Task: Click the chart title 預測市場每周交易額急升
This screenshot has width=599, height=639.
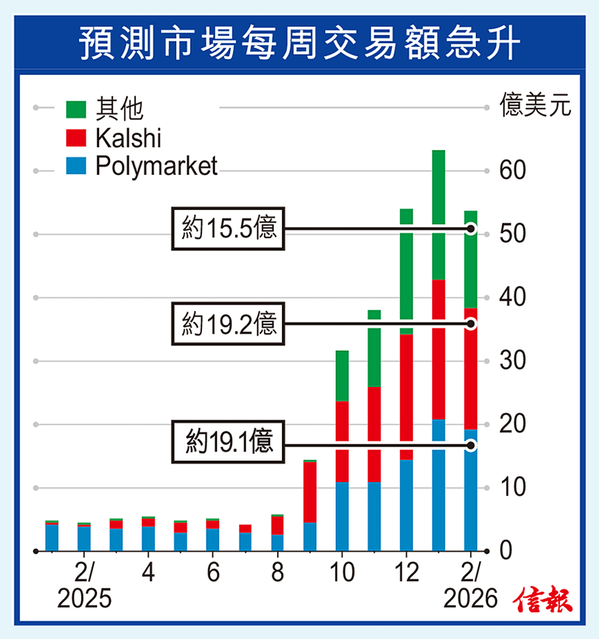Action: pyautogui.click(x=299, y=43)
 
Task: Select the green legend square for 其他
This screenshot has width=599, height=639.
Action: pyautogui.click(x=76, y=109)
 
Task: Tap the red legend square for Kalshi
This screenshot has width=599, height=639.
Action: pyautogui.click(x=76, y=138)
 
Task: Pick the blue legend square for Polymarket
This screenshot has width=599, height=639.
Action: pyautogui.click(x=76, y=167)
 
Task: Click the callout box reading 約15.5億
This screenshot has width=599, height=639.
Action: pyautogui.click(x=228, y=229)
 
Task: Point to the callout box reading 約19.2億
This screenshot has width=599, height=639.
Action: pyautogui.click(x=229, y=324)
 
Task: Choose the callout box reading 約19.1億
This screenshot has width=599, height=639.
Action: pyautogui.click(x=229, y=442)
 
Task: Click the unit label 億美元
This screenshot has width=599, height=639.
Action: pyautogui.click(x=535, y=107)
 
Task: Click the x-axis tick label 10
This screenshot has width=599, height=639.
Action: pyautogui.click(x=342, y=574)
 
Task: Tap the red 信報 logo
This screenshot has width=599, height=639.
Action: pyautogui.click(x=543, y=600)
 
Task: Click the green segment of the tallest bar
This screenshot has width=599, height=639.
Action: pyautogui.click(x=439, y=214)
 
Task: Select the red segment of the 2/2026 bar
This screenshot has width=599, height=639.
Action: pyautogui.click(x=471, y=368)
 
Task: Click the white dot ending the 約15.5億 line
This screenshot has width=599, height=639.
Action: pyautogui.click(x=471, y=229)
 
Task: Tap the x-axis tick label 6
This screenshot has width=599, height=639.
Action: pyautogui.click(x=213, y=574)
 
